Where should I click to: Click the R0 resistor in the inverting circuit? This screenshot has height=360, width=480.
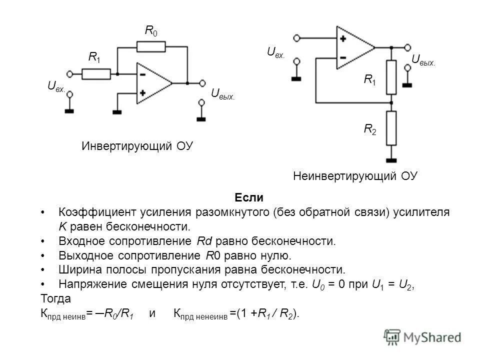[150, 47]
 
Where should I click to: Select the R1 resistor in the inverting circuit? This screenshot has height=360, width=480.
[96, 74]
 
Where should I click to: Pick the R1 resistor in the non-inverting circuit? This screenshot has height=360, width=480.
[391, 77]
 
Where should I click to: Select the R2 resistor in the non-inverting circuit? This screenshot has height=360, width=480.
[391, 127]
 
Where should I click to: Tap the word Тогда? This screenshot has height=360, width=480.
[55, 299]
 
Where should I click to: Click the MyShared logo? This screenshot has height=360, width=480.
[422, 336]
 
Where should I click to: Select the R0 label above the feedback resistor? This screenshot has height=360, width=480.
[150, 31]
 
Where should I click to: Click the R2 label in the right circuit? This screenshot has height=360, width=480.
[370, 130]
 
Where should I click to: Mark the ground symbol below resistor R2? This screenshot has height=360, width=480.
[391, 159]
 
